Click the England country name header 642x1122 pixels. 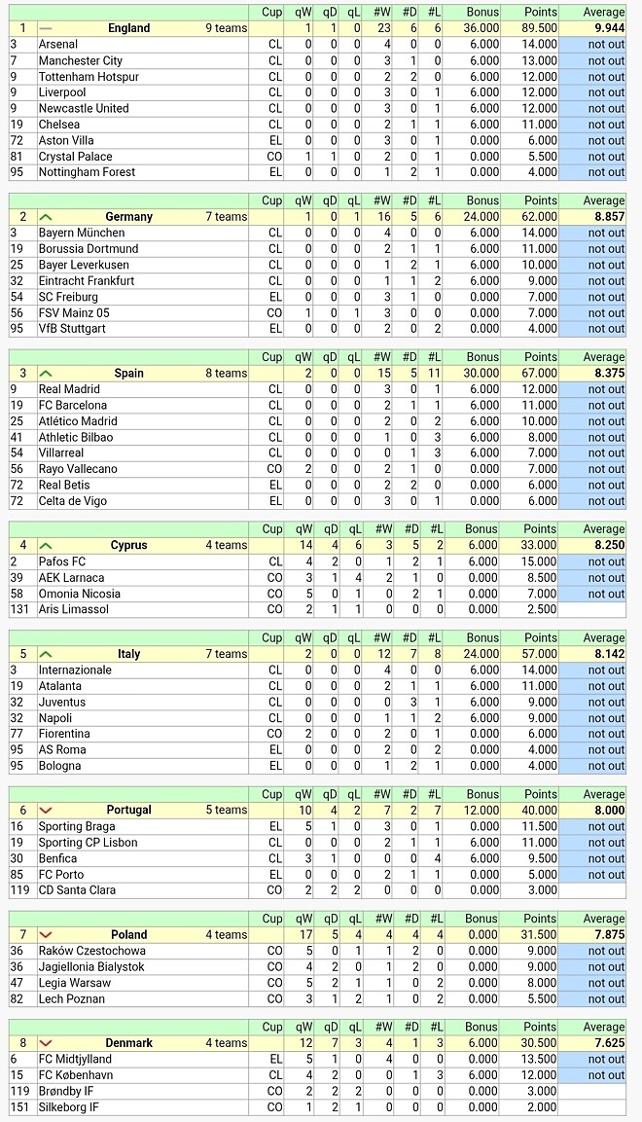click(128, 28)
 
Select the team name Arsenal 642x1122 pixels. click(58, 45)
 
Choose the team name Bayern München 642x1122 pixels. click(82, 234)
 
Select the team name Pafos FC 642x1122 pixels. click(62, 561)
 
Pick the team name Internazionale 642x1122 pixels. click(75, 670)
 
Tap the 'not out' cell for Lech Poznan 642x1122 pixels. click(605, 998)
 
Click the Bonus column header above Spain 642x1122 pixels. click(481, 357)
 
